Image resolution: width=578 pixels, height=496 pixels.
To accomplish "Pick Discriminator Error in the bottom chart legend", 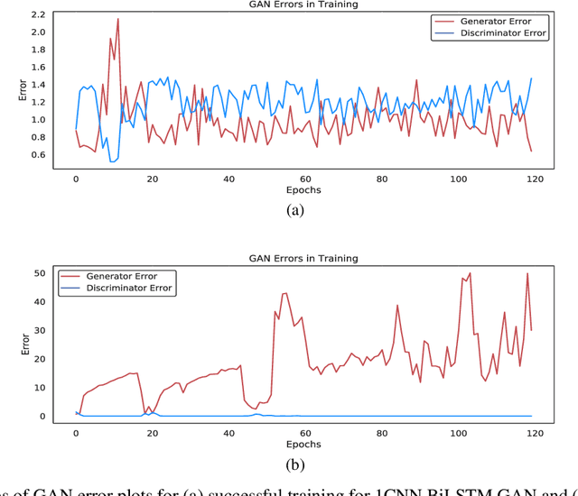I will point(128,288).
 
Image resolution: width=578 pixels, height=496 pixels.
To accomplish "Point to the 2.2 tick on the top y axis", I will point(37,15).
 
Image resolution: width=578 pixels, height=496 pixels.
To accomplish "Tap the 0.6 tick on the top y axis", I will point(37,154).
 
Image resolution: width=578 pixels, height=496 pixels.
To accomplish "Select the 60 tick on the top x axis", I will point(304,179).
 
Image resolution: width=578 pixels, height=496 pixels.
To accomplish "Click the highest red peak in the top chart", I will point(117,19).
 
